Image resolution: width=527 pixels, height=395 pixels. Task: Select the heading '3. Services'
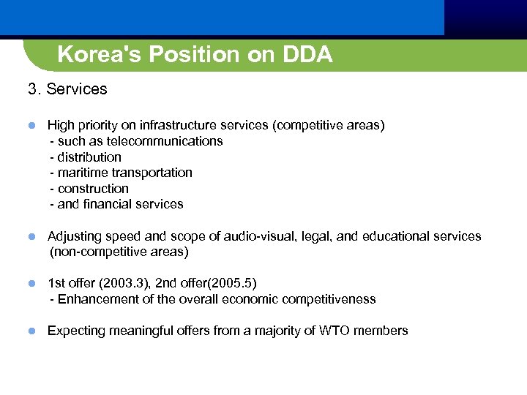[67, 89]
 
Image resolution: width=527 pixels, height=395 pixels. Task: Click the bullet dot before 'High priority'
[32, 126]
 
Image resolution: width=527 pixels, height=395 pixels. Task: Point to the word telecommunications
[165, 141]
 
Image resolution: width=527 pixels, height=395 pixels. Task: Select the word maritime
[81, 173]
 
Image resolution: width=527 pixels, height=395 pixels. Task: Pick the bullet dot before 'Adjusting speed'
[32, 236]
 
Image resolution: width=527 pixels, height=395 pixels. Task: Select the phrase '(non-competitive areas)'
[119, 252]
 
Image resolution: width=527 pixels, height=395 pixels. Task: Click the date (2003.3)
[121, 283]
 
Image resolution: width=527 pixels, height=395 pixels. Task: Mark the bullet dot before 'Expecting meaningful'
[32, 331]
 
